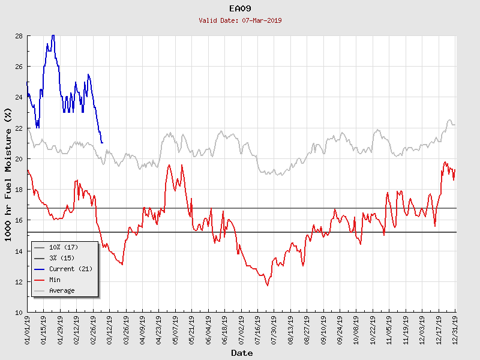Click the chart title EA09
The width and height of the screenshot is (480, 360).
[x=241, y=9]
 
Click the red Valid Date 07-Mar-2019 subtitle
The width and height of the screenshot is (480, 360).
[x=241, y=20]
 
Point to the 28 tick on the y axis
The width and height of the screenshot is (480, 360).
[x=19, y=36]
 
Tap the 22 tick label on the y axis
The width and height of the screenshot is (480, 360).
[x=19, y=128]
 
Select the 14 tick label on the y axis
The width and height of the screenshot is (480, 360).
[x=19, y=251]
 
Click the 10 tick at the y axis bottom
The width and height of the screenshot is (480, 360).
[x=19, y=313]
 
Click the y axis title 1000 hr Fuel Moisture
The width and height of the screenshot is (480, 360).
[x=8, y=174]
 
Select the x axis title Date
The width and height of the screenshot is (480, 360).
[x=242, y=353]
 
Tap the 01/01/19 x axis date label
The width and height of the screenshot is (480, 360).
[x=28, y=329]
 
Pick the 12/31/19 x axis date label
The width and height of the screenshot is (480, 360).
[x=456, y=329]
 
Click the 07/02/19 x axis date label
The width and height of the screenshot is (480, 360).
[x=241, y=329]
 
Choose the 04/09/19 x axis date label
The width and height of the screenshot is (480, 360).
[x=143, y=329]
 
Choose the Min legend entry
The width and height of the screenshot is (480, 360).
[x=55, y=280]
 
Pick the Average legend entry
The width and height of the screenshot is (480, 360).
[x=62, y=290]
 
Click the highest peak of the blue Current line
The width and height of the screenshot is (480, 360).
[x=53, y=35]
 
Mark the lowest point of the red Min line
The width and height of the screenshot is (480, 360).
[x=268, y=286]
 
